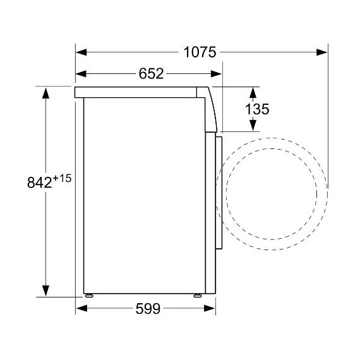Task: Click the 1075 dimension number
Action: [x=200, y=52]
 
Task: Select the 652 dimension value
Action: [x=152, y=74]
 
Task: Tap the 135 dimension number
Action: [x=257, y=109]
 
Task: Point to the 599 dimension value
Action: [x=148, y=309]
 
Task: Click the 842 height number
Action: [x=40, y=183]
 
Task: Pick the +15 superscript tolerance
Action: [x=63, y=178]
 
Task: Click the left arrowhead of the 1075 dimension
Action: [x=81, y=52]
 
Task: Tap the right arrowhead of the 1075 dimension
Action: [x=321, y=52]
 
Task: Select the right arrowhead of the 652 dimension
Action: [x=216, y=74]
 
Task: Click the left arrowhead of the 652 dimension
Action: [x=81, y=74]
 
